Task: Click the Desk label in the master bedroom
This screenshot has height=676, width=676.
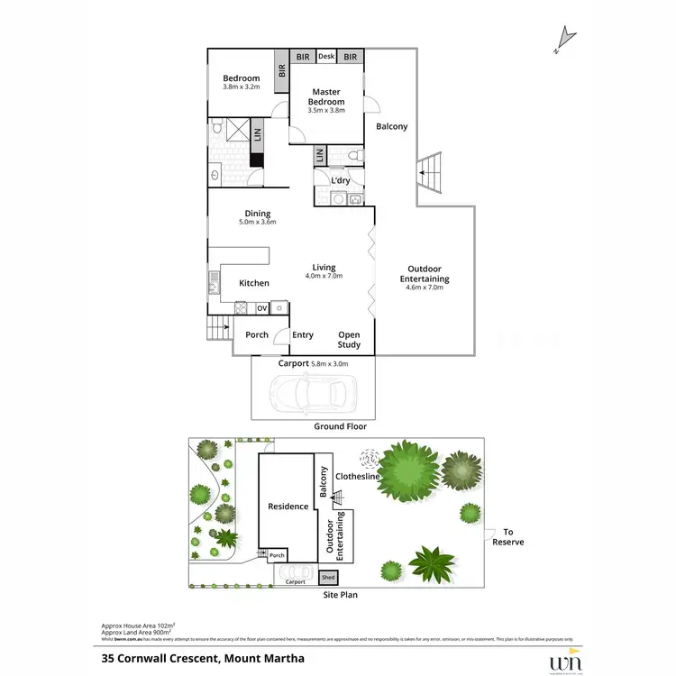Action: pyautogui.click(x=326, y=57)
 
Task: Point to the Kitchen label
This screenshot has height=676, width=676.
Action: pyautogui.click(x=254, y=283)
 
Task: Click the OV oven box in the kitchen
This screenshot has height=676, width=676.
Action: pyautogui.click(x=262, y=308)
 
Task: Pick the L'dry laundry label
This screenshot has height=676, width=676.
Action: pyautogui.click(x=340, y=180)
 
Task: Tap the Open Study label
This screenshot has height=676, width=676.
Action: pyautogui.click(x=349, y=340)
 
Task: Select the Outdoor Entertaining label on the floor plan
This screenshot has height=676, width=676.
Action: pyautogui.click(x=425, y=273)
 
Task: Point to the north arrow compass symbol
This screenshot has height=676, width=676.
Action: pyautogui.click(x=566, y=35)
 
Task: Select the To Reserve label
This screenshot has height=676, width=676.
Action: pyautogui.click(x=514, y=537)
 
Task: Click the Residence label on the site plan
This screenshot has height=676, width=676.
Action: pyautogui.click(x=288, y=507)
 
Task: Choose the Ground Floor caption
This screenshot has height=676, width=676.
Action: pyautogui.click(x=340, y=426)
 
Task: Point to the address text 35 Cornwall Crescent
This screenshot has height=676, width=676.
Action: pyautogui.click(x=203, y=658)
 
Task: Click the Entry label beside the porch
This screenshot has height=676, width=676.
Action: pyautogui.click(x=303, y=335)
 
